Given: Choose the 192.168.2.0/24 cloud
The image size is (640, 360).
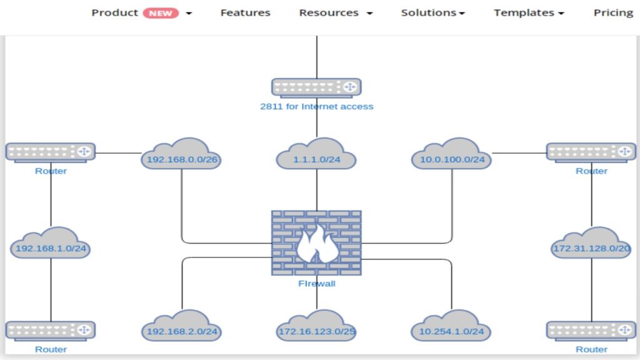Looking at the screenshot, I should (181, 328).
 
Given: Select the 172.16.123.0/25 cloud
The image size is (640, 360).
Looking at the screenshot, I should (316, 328).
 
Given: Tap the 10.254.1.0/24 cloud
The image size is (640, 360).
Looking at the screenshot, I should (452, 328).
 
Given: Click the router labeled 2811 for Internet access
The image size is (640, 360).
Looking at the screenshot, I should (316, 87).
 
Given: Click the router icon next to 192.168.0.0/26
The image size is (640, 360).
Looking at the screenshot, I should (51, 152).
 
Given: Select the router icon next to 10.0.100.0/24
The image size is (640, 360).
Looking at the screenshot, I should (591, 152).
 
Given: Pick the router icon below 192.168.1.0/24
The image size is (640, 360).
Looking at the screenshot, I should (51, 331).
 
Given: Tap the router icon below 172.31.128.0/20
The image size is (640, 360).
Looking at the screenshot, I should (591, 331).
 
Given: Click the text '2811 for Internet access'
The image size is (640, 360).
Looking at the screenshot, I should (316, 107).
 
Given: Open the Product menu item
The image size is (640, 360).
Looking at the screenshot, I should (115, 12).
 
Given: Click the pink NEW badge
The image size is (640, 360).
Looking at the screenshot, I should (161, 13).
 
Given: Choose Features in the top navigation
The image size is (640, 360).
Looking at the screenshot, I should (245, 12).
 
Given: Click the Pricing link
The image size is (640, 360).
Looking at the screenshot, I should (613, 12).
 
